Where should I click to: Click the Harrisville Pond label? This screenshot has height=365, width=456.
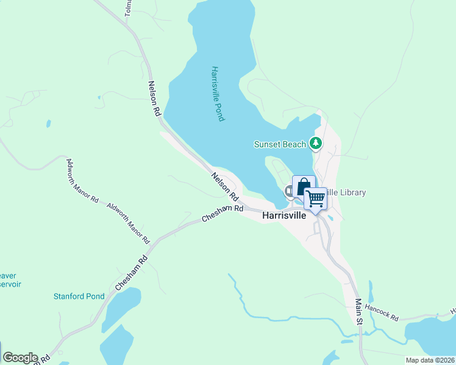[216, 94]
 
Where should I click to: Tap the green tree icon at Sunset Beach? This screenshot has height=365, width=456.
[315, 144]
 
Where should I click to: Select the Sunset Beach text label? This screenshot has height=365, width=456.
[280, 144]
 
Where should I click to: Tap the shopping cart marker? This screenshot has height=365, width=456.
[315, 198]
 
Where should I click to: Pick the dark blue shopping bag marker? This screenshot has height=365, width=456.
[304, 186]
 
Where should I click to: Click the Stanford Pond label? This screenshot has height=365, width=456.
[79, 296]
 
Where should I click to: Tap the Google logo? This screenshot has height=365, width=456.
[20, 358]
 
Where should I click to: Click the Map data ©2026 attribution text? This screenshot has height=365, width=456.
[430, 360]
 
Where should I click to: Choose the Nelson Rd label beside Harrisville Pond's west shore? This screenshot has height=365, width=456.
[154, 99]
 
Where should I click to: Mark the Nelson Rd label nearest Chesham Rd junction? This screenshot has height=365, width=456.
[224, 187]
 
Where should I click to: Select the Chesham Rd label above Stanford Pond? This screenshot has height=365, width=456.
[131, 272]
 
